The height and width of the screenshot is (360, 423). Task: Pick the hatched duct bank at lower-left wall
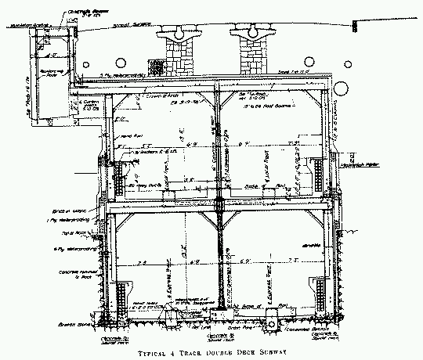[x=122, y=301]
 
